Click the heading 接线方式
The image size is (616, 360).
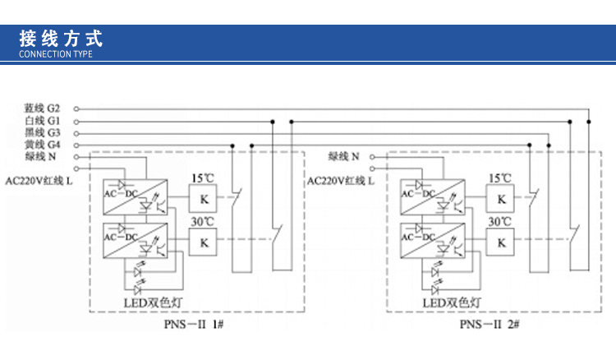tap(61, 38)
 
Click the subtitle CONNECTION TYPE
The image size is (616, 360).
tap(56, 54)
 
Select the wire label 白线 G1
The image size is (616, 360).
tap(42, 121)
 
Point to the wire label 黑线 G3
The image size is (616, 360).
tap(42, 132)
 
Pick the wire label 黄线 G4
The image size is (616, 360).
tap(42, 145)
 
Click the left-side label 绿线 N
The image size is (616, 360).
tap(40, 156)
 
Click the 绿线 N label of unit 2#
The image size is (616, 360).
tap(344, 156)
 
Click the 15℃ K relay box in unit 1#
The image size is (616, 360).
tap(203, 198)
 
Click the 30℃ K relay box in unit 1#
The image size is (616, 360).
tap(203, 242)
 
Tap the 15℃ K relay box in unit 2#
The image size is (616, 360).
tap(501, 198)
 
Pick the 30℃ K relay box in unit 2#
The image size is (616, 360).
tap(501, 242)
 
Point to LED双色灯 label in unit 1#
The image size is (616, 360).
tap(153, 302)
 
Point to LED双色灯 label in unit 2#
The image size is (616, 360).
tap(451, 302)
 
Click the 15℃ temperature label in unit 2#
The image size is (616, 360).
tap(500, 178)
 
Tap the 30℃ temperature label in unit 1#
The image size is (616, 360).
tap(203, 222)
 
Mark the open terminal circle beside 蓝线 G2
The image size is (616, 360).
tap(77, 108)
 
